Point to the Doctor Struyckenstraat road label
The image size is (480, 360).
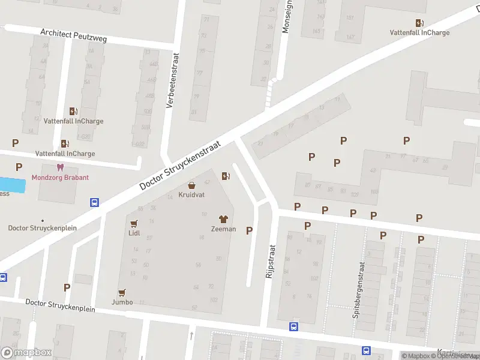click(x=180, y=166)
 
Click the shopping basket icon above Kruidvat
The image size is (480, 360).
click(x=192, y=185)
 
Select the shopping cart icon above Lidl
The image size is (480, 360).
click(x=134, y=223)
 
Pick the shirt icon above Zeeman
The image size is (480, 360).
click(x=223, y=219)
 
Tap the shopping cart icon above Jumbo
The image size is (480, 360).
click(x=122, y=292)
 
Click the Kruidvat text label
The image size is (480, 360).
click(x=192, y=196)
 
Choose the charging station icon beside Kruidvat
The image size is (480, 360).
click(x=225, y=176)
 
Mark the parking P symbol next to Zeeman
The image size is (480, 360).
click(x=249, y=230)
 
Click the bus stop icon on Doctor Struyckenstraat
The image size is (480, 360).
click(x=94, y=202)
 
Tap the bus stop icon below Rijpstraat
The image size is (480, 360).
click(x=293, y=327)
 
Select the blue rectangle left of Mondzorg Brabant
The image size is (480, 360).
click(x=13, y=185)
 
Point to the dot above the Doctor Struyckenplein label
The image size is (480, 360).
click(x=42, y=220)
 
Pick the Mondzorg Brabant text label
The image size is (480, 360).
click(x=60, y=178)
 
